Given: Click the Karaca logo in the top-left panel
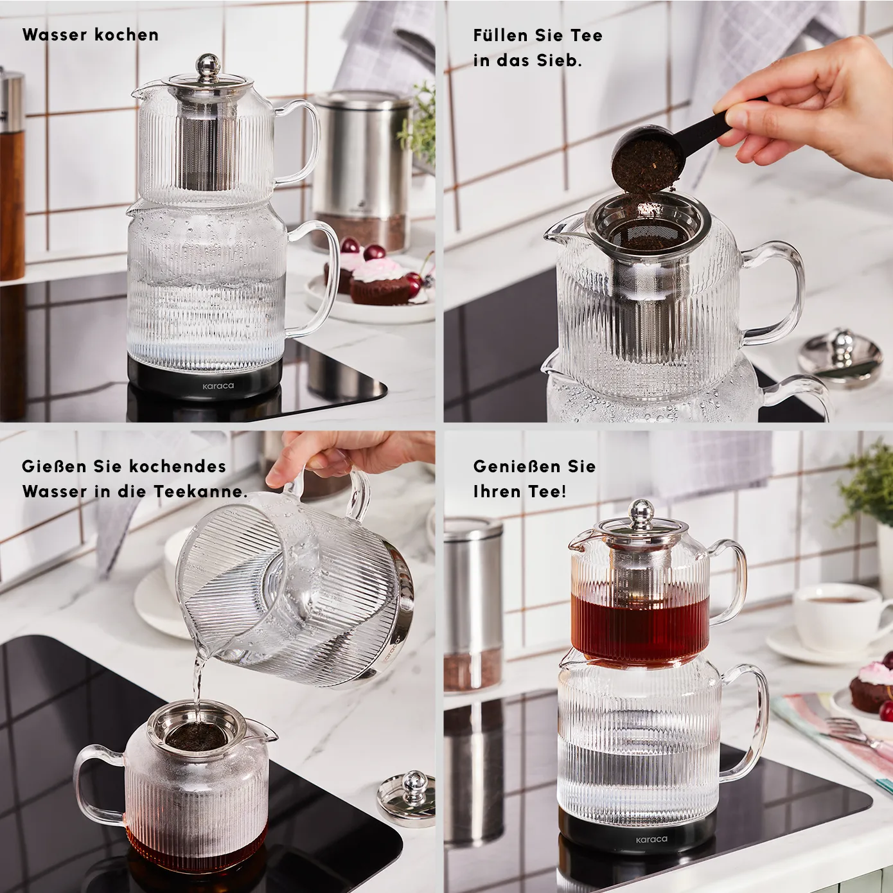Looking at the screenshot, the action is (218, 385).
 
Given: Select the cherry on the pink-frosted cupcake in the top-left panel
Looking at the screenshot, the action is (373, 252).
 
